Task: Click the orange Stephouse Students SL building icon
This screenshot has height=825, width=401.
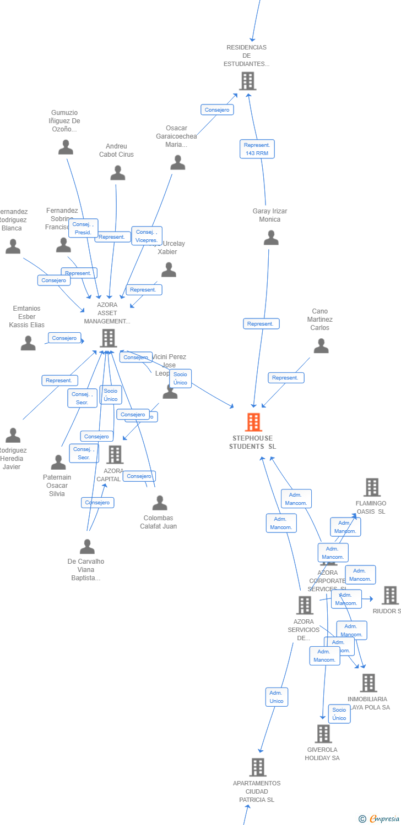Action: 253,422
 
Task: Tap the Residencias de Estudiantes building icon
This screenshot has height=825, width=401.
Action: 247,81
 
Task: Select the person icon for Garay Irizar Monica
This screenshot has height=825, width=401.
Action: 270,238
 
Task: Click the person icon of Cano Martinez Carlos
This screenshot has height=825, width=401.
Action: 321,346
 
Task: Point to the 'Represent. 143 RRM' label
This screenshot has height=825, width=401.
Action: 257,149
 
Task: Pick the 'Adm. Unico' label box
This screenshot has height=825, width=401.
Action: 277,697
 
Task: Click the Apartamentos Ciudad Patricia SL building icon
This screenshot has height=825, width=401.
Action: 257,767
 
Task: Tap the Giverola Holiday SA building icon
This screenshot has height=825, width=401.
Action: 323,733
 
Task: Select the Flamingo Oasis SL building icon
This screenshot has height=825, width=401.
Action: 372,487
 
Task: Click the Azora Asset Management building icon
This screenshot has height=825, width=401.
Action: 108,338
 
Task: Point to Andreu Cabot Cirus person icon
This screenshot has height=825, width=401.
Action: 117,173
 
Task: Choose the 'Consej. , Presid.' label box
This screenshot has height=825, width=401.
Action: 83,228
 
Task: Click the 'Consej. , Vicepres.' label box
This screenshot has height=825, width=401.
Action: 147,236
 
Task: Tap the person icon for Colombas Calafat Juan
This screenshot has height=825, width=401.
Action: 160,503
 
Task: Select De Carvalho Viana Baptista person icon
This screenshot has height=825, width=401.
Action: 87,547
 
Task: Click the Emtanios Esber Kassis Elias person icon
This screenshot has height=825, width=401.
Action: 28,343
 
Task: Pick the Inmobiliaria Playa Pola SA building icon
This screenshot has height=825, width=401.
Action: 369,683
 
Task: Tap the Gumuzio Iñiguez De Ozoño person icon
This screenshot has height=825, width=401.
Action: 66,147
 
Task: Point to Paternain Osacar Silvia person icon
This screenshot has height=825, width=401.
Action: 58,463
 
